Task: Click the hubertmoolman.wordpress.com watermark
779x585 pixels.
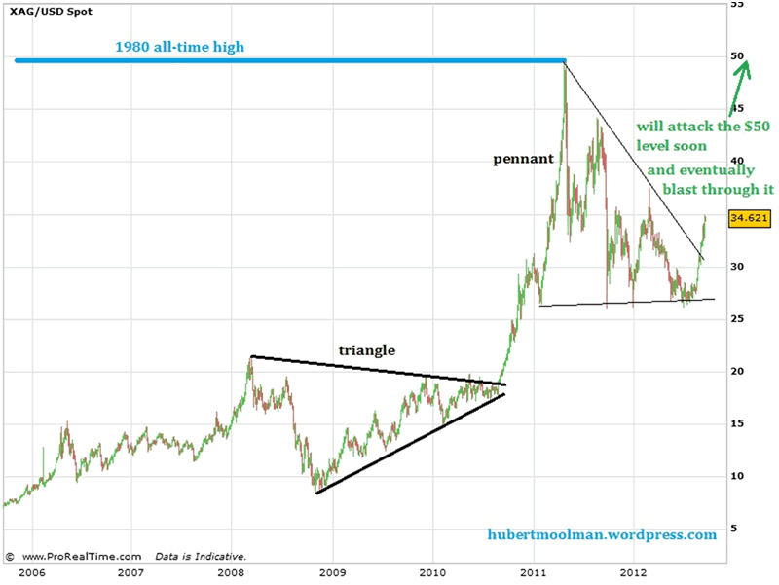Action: pos(603,534)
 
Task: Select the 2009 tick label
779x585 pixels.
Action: pos(332,573)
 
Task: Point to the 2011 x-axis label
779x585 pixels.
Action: pos(534,573)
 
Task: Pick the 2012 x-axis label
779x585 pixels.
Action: pos(634,573)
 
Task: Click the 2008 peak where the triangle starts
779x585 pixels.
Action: pos(250,357)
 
